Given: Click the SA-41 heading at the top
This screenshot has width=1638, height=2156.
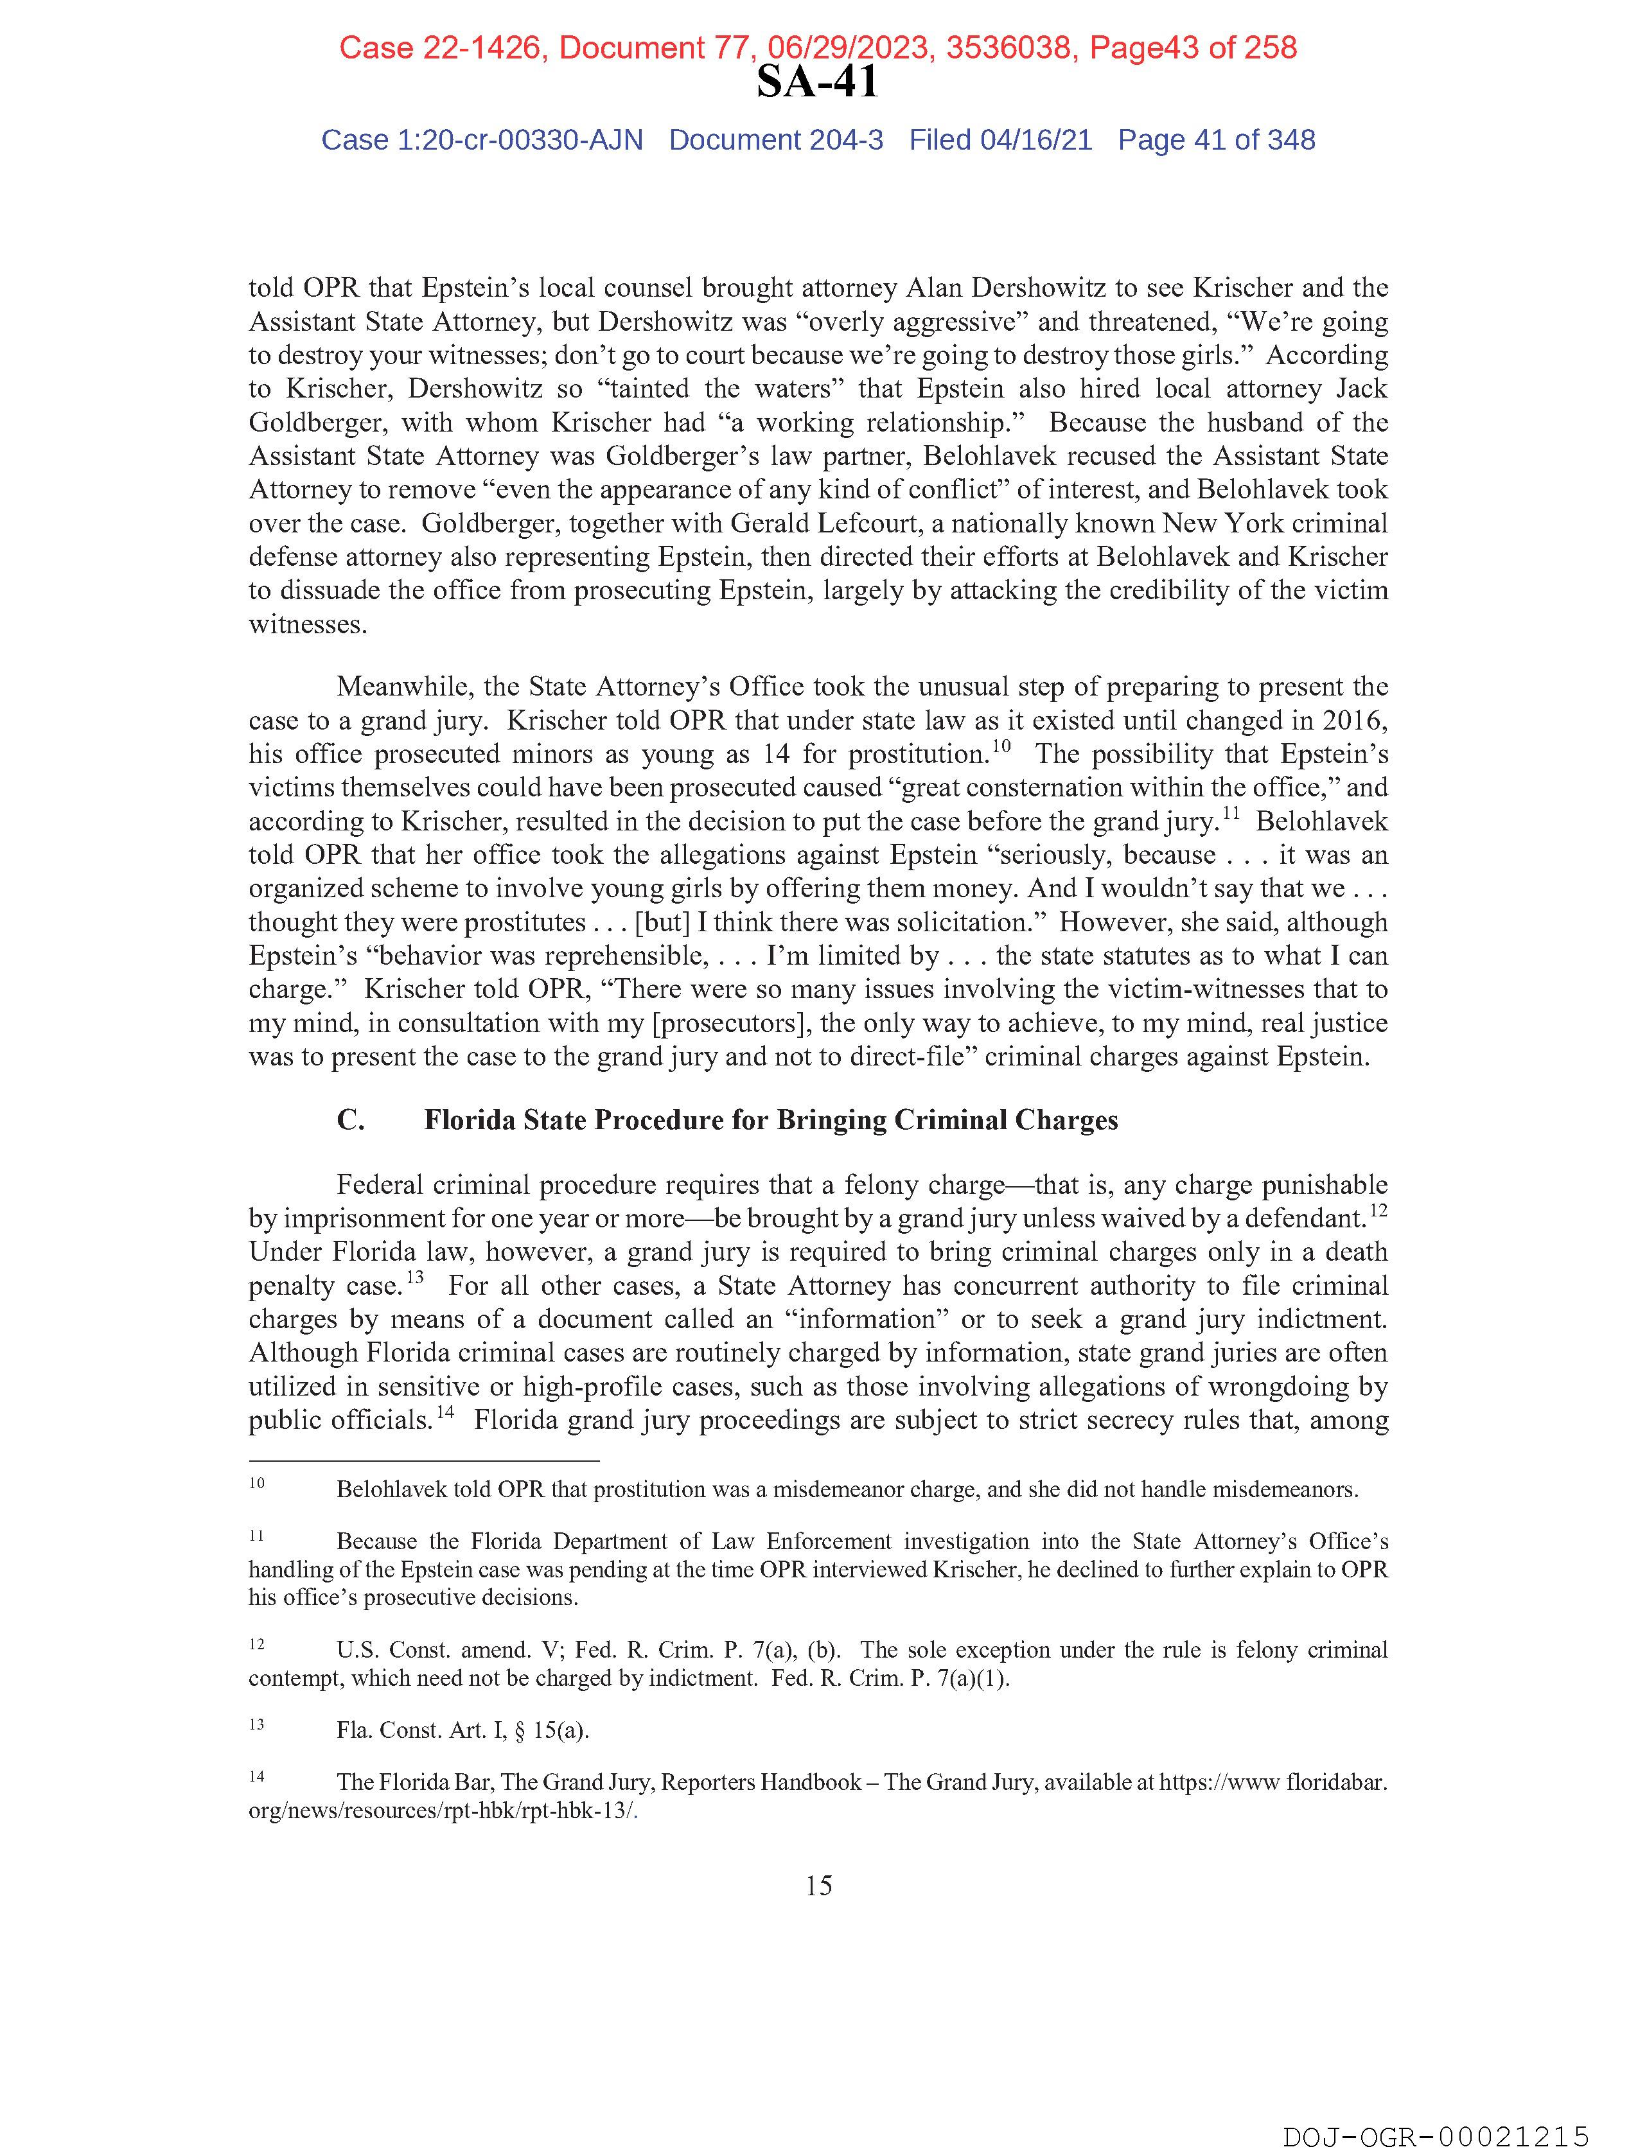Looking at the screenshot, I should click(x=817, y=83).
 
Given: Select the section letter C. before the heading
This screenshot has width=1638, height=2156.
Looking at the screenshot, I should click(x=351, y=1120).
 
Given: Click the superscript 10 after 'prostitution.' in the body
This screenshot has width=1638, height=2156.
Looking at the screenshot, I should click(x=1001, y=747).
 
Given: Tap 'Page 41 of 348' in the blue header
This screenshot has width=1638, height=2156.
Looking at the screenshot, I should click(x=1216, y=141).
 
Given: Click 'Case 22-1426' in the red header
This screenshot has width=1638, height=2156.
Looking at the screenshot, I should click(x=439, y=48).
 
